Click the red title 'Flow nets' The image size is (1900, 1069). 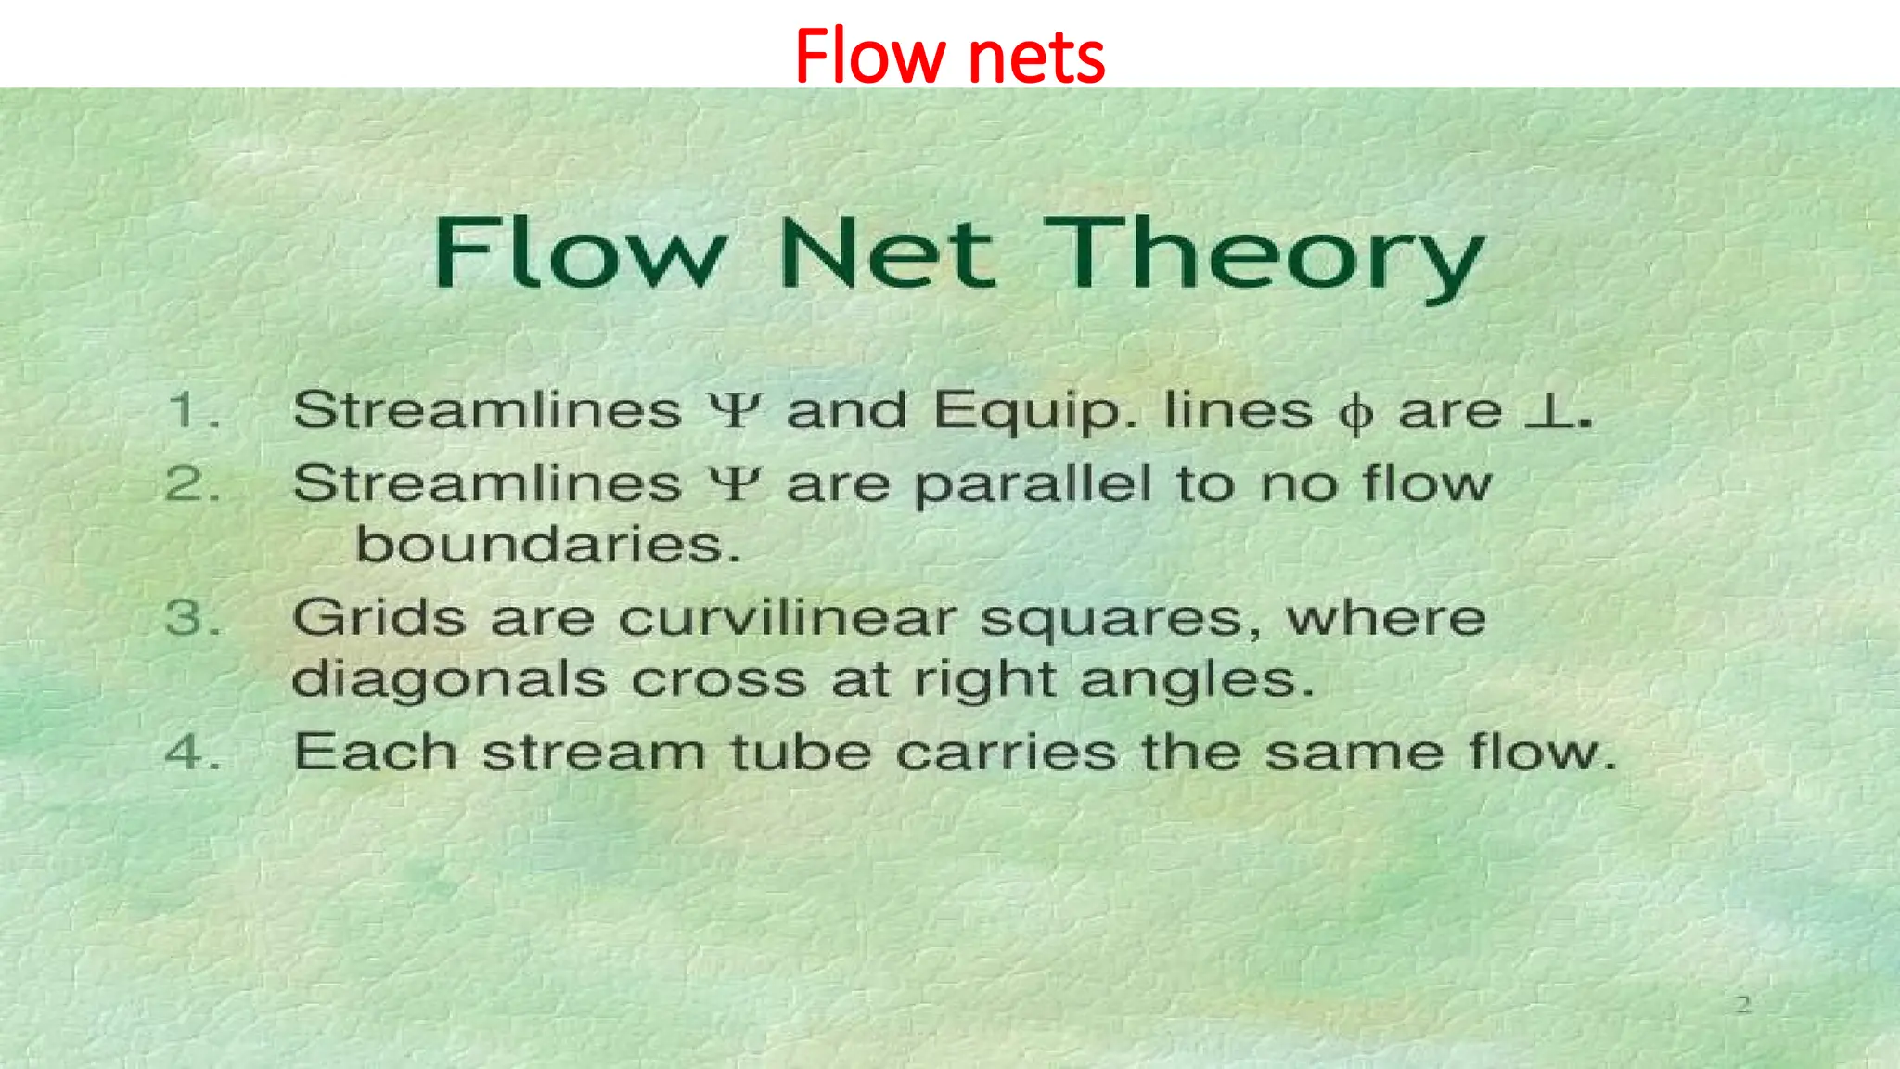pos(949,56)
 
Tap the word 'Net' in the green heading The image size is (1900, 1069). pos(886,253)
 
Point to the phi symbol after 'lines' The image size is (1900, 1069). pos(1355,414)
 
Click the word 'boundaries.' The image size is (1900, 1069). pos(547,545)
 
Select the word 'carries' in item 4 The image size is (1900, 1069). pos(1006,752)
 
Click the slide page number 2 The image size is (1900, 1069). pos(1743,1004)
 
